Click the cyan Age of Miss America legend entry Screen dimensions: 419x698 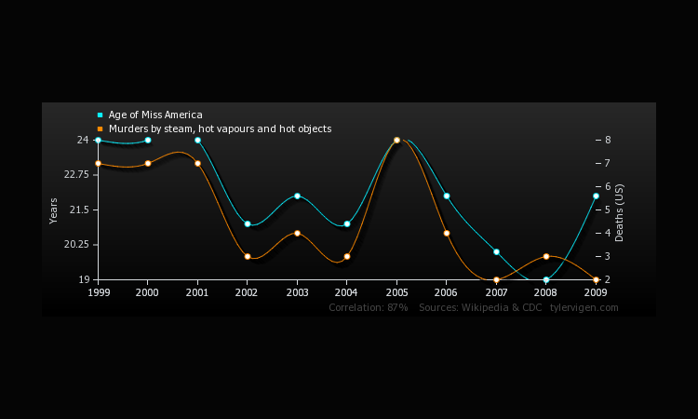pyautogui.click(x=154, y=115)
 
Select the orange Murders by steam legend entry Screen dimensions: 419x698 pyautogui.click(x=219, y=128)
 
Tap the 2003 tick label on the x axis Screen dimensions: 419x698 pyautogui.click(x=297, y=291)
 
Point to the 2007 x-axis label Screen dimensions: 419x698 pyautogui.click(x=496, y=291)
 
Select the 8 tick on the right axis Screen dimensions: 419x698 pyautogui.click(x=607, y=140)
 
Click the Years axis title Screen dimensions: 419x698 pyautogui.click(x=54, y=210)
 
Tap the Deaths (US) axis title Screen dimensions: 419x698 pyautogui.click(x=621, y=212)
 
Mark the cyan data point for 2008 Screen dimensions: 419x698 pyautogui.click(x=546, y=279)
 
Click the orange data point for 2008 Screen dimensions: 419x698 pyautogui.click(x=546, y=256)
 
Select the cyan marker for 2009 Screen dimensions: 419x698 pyautogui.click(x=596, y=196)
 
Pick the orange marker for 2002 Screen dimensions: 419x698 pyautogui.click(x=248, y=256)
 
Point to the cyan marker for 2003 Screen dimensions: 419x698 pyautogui.click(x=297, y=196)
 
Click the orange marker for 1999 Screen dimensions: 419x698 pyautogui.click(x=98, y=163)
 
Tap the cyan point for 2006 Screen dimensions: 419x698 pyautogui.click(x=447, y=196)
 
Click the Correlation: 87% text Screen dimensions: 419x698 pyautogui.click(x=368, y=307)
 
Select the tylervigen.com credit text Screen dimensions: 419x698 pyautogui.click(x=584, y=307)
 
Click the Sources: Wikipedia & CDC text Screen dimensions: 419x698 pyautogui.click(x=480, y=307)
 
